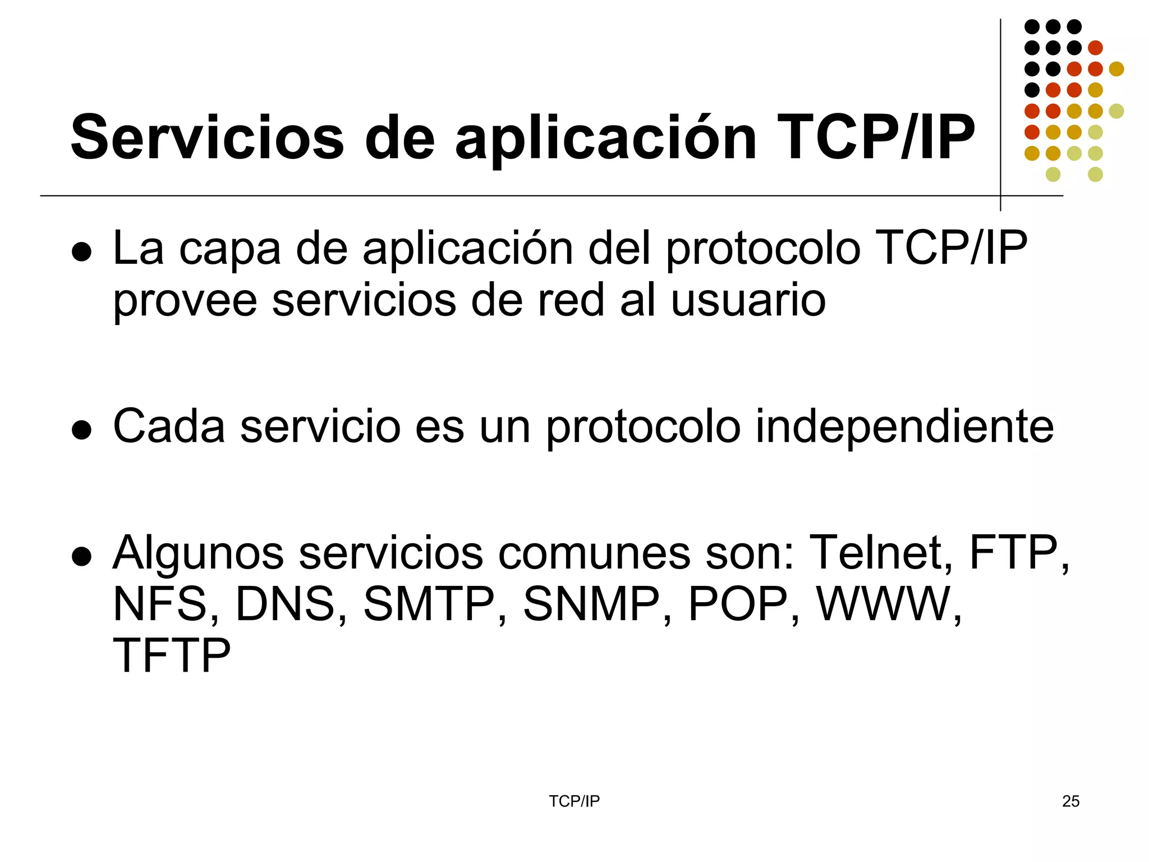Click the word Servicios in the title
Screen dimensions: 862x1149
pos(207,137)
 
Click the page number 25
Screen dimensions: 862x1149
pos(1070,801)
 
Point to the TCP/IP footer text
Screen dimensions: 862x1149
pos(574,801)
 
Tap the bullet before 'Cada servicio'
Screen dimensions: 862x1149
pos(82,430)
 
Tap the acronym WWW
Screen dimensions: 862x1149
pos(888,604)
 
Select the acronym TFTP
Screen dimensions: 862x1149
pos(172,655)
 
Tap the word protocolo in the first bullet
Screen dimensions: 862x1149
pos(763,249)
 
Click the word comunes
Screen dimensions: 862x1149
pos(594,553)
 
